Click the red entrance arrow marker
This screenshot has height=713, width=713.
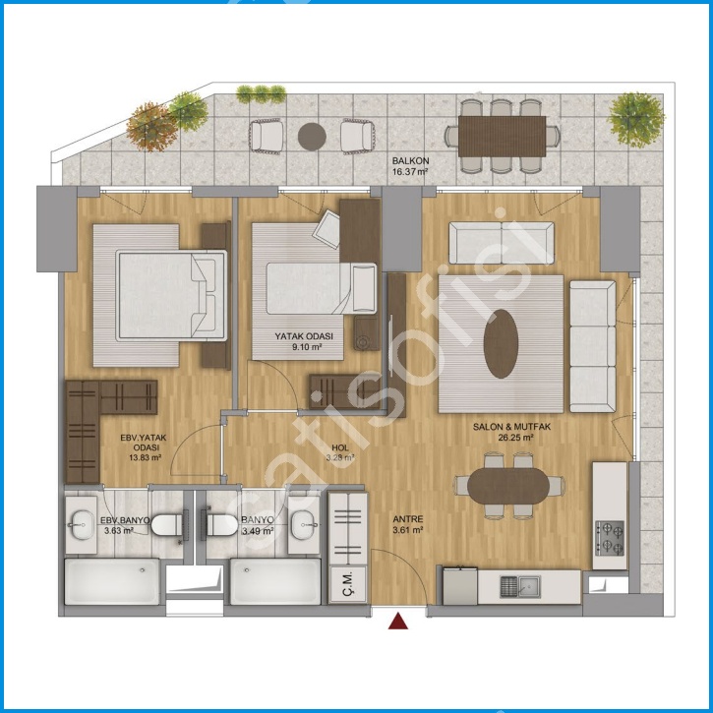click(x=398, y=622)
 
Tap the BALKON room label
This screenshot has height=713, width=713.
click(x=411, y=161)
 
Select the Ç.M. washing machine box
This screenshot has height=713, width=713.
click(x=348, y=585)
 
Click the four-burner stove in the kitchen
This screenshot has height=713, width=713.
click(x=610, y=538)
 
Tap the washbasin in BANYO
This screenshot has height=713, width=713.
click(x=304, y=524)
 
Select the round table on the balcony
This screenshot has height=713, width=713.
click(x=312, y=137)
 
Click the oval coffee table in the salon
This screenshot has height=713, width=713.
click(x=501, y=344)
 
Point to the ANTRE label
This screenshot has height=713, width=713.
click(x=408, y=519)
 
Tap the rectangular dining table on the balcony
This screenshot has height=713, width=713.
click(x=502, y=137)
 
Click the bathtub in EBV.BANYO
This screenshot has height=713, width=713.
click(x=112, y=581)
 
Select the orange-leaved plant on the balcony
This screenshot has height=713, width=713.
click(x=151, y=127)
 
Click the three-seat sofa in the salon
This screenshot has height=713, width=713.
click(x=592, y=346)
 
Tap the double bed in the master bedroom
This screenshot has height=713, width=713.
click(x=171, y=295)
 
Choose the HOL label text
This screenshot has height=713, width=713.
click(x=340, y=447)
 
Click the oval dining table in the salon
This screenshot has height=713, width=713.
click(x=508, y=486)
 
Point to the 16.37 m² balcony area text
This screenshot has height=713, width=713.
click(x=410, y=172)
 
